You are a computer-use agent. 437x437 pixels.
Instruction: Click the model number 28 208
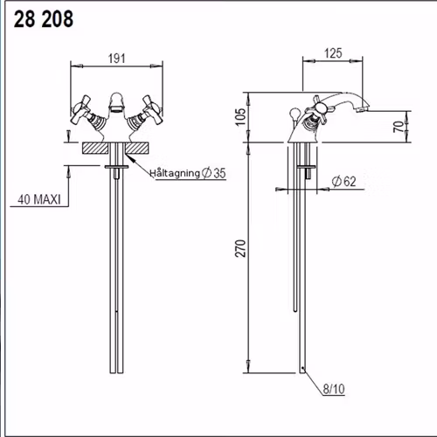coord(44,19)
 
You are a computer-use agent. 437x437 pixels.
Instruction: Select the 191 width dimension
coord(117,59)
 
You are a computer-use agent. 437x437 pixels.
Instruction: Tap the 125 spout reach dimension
coord(333,53)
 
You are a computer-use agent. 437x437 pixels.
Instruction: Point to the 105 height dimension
coord(241,117)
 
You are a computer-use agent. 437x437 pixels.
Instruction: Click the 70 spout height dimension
coord(399,127)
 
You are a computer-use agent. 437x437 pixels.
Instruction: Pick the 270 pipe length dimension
coord(240,248)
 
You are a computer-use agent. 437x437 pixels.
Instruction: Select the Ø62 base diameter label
coord(344,182)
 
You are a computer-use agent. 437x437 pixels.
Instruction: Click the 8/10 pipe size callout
coord(334,389)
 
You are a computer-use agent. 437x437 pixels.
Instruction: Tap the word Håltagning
coord(175,173)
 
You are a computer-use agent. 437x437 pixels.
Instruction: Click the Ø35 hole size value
coord(214,173)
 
